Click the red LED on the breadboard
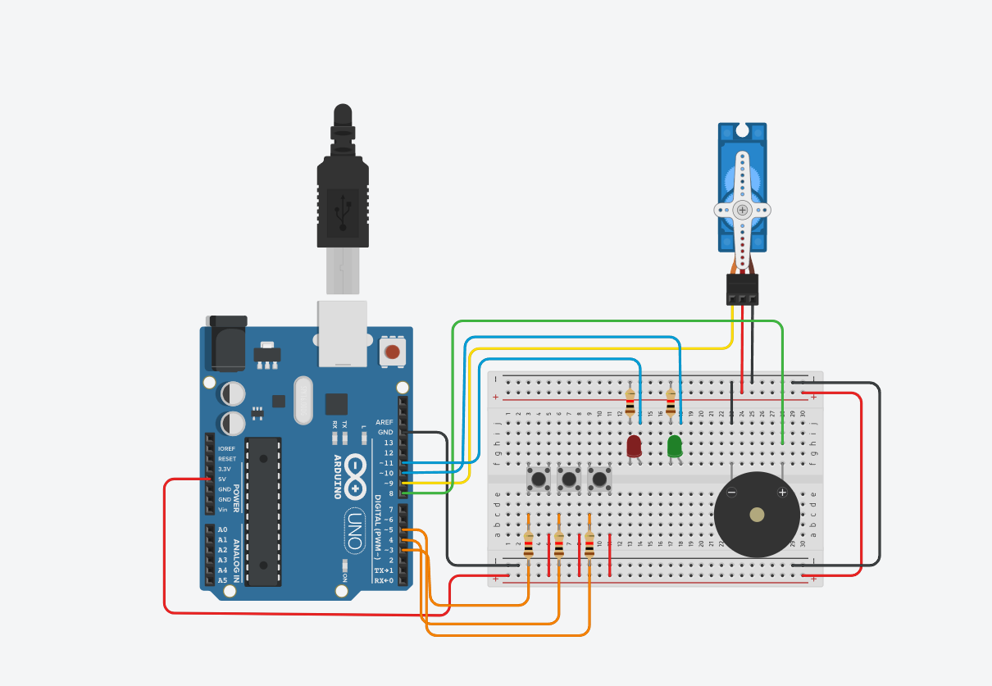pos(634,446)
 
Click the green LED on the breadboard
pos(674,446)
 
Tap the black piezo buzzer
pos(757,515)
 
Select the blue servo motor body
pos(742,187)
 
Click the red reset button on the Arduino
pos(392,352)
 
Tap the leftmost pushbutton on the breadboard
pos(539,479)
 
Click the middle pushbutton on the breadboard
pos(569,479)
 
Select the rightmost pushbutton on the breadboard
pos(599,479)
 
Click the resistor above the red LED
pos(630,402)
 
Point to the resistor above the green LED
pos(671,402)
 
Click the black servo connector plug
pos(742,288)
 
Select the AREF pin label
pos(385,422)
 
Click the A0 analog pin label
pos(223,529)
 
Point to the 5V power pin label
pos(221,479)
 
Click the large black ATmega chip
pos(262,511)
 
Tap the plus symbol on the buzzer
pos(782,492)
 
